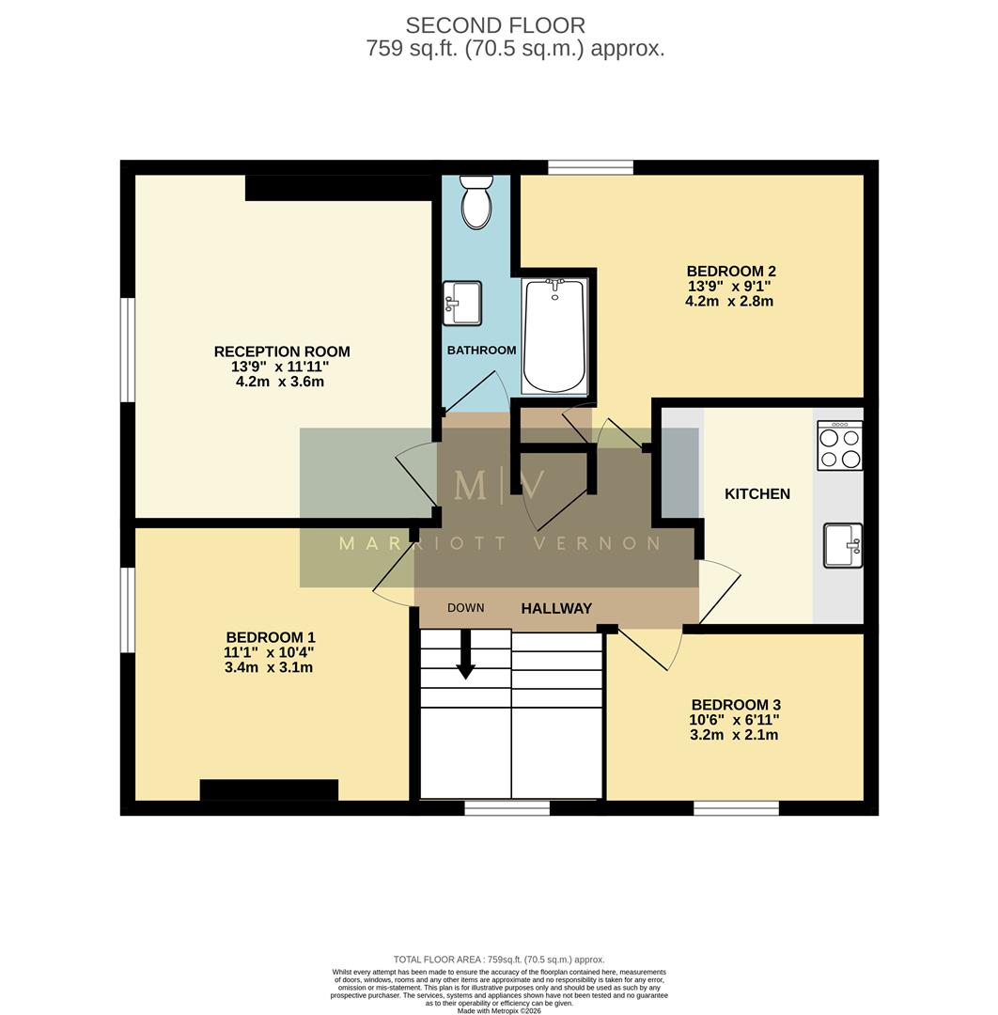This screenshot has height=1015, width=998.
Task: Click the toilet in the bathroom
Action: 476,202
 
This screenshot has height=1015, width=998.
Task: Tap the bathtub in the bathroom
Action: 554,336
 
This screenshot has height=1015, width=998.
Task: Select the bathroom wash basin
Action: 461,304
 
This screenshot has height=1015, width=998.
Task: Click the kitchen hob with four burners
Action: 839,445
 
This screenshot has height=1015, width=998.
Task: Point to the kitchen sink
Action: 843,545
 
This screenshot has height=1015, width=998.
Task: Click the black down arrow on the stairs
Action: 465,655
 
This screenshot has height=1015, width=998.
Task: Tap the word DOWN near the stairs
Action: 465,608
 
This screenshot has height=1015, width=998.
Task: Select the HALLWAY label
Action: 556,609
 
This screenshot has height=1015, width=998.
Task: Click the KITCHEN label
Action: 756,493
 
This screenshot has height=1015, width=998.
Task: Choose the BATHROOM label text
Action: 481,351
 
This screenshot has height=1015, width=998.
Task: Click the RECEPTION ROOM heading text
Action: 282,351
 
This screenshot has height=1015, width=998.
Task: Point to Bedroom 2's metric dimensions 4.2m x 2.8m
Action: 729,302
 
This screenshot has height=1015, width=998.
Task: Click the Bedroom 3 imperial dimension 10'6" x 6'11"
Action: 735,720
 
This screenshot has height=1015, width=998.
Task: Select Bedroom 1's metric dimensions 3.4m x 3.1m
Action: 270,668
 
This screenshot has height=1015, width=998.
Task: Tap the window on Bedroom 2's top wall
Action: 590,167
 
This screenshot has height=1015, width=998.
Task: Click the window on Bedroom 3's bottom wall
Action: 736,807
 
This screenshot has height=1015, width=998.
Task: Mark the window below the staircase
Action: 507,807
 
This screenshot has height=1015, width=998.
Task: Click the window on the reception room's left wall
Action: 128,350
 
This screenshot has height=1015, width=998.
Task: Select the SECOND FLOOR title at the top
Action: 495,25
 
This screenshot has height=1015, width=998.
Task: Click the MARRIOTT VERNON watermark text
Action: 499,543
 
